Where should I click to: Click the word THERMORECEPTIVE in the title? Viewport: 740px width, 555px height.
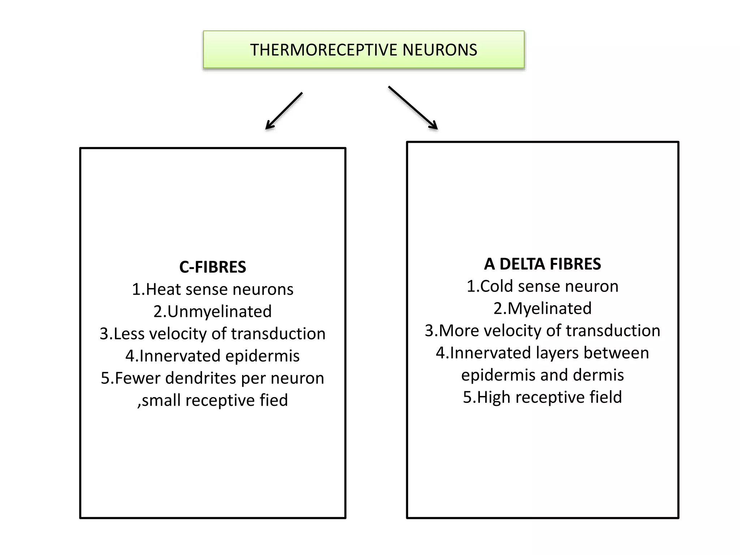click(x=324, y=50)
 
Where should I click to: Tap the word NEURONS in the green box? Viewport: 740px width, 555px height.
click(x=440, y=50)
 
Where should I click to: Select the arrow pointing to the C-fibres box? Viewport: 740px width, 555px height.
click(x=284, y=111)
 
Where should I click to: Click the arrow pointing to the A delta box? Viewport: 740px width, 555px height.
click(x=413, y=107)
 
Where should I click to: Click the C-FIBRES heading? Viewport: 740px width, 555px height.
click(x=212, y=267)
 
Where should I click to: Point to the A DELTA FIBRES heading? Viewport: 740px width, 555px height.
click(x=542, y=264)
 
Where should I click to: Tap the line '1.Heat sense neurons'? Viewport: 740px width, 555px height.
click(x=212, y=289)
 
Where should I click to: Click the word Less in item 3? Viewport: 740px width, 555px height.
click(x=130, y=334)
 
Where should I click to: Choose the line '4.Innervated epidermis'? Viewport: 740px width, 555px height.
click(x=212, y=356)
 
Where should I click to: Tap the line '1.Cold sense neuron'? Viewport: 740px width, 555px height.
click(x=542, y=287)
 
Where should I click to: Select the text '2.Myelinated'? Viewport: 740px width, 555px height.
click(x=542, y=309)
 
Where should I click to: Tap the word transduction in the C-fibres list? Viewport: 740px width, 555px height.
click(x=278, y=334)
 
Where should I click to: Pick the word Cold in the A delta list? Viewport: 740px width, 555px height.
click(x=497, y=287)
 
